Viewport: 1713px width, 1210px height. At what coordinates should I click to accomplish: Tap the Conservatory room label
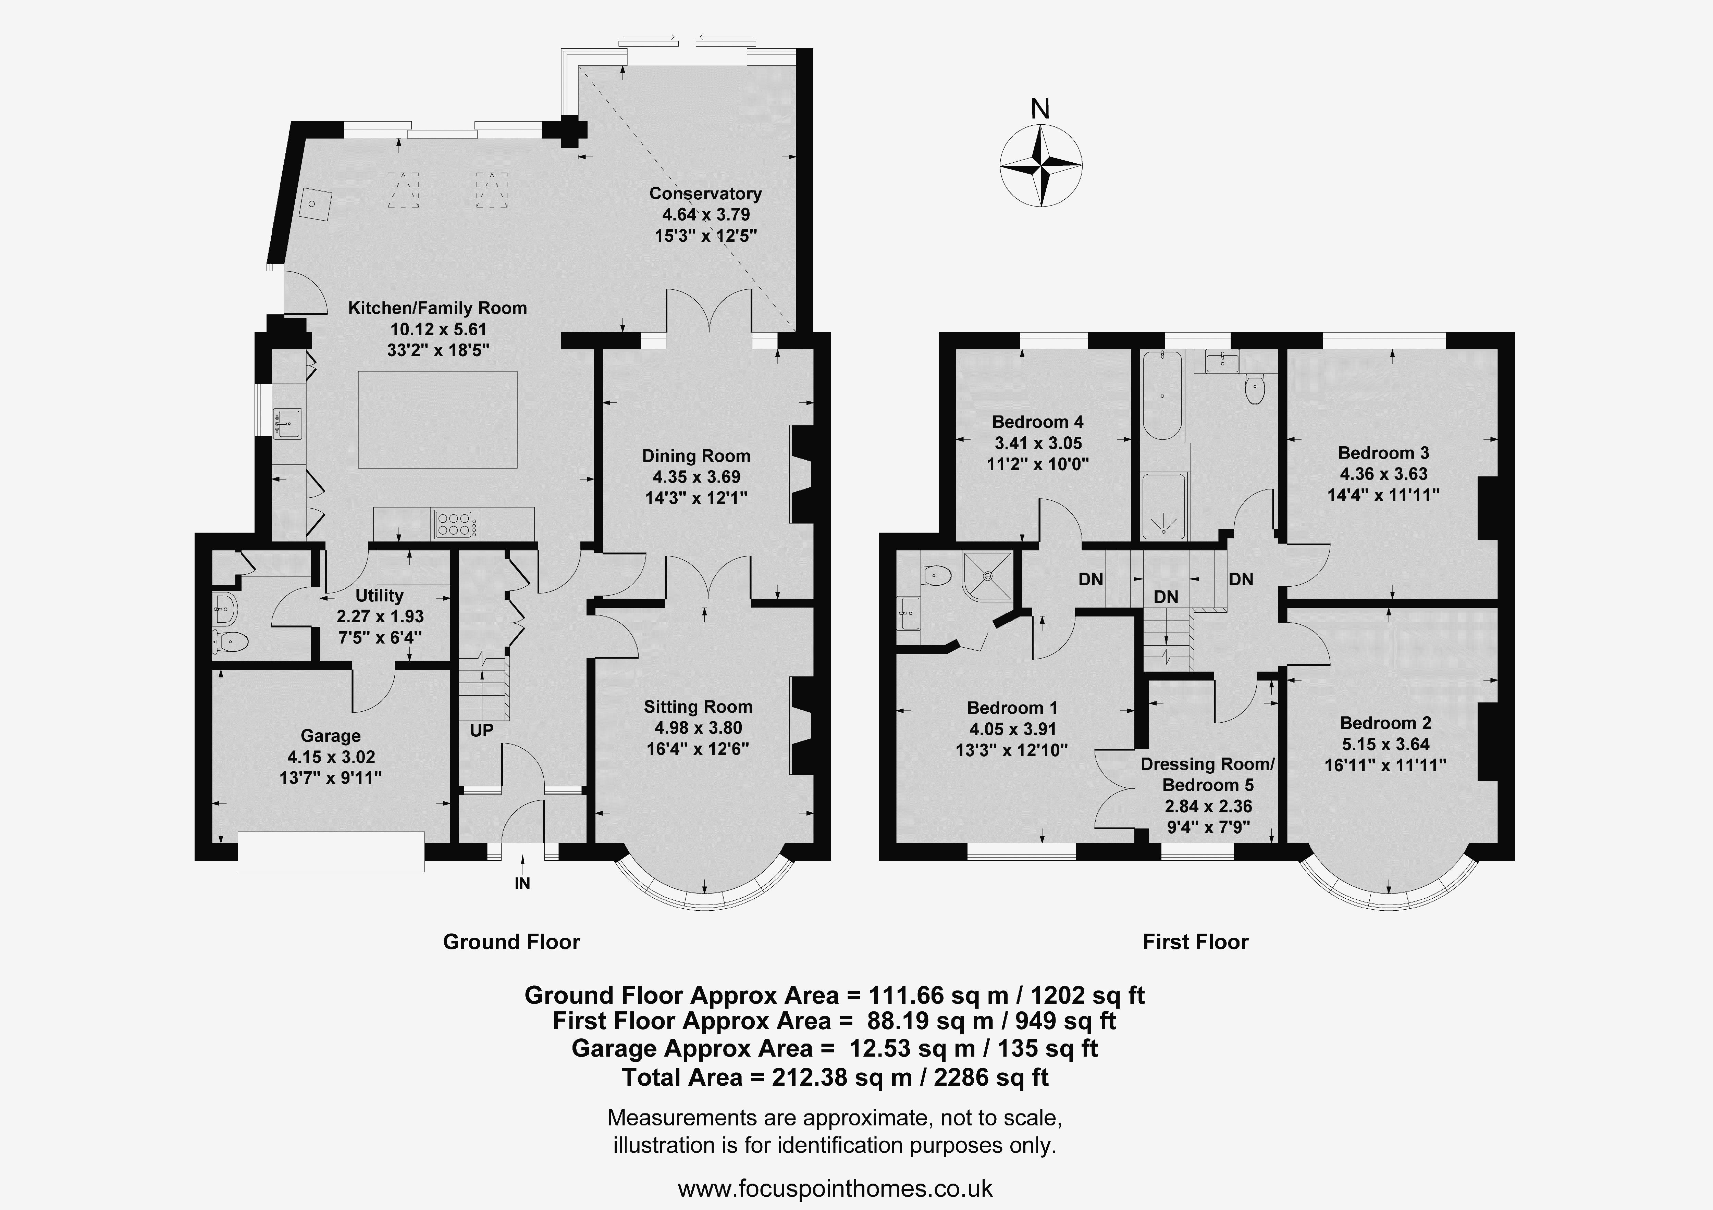pos(705,193)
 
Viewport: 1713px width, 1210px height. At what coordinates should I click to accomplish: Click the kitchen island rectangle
pos(438,419)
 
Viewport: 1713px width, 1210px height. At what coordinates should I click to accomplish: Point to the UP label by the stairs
pos(481,730)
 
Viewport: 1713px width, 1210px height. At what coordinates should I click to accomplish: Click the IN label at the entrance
pos(522,883)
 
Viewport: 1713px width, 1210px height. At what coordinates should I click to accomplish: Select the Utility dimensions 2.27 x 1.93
pos(380,616)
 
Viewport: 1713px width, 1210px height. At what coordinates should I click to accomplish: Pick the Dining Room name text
pos(696,456)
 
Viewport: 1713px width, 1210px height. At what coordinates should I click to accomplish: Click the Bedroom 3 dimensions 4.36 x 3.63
pos(1383,474)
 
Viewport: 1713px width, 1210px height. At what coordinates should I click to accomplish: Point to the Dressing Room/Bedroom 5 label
pos(1208,774)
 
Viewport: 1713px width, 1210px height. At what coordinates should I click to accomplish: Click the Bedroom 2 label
pos(1385,723)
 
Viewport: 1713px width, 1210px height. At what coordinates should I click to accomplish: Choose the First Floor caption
pos(1195,942)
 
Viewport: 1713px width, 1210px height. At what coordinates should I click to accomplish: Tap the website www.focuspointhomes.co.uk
pos(835,1188)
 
